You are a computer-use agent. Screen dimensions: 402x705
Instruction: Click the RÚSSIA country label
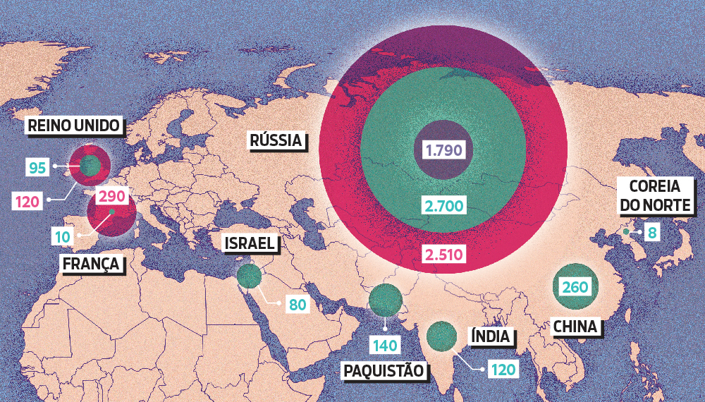[x=276, y=140]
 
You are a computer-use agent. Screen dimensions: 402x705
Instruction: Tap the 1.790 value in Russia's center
[x=443, y=150]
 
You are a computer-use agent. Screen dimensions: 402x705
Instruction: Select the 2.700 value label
[x=443, y=206]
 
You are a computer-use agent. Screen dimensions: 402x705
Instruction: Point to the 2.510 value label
[x=443, y=255]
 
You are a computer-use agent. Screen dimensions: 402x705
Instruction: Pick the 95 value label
[x=37, y=167]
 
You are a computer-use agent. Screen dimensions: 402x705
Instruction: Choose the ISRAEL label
[x=249, y=244]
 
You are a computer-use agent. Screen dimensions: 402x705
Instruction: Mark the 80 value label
[x=295, y=305]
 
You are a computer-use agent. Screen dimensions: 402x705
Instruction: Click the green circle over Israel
[x=249, y=276]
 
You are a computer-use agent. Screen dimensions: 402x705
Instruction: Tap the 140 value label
[x=386, y=345]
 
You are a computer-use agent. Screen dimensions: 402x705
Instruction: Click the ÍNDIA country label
[x=490, y=336]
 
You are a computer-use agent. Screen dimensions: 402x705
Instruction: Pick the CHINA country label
[x=575, y=327]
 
